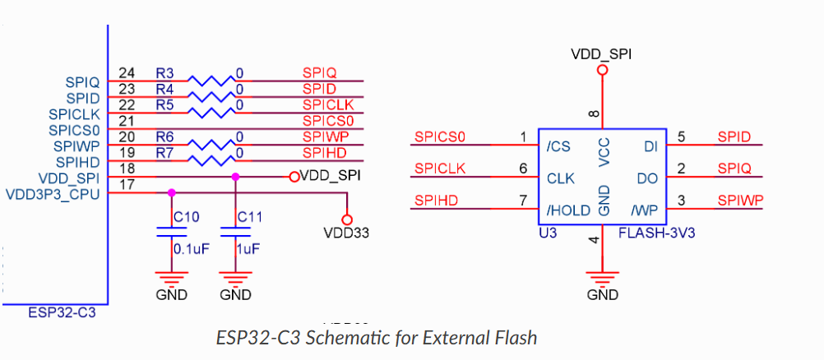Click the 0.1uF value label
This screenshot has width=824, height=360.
[x=188, y=247]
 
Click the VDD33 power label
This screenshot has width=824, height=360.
[x=346, y=233]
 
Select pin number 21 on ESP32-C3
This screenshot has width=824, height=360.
[x=127, y=121]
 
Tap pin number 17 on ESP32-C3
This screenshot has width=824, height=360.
[x=127, y=184]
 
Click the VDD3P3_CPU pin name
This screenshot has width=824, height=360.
[x=52, y=194]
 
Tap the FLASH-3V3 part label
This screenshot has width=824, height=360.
[x=656, y=233]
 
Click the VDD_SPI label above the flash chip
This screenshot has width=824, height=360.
[x=602, y=54]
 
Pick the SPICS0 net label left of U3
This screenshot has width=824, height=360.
[x=440, y=136]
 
